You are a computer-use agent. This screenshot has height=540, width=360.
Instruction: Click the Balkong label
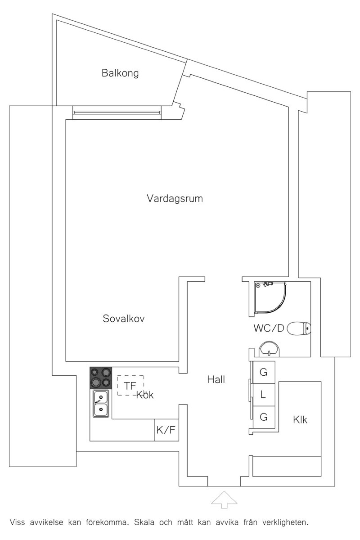point(120,73)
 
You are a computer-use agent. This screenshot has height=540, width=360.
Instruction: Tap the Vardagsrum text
point(175,198)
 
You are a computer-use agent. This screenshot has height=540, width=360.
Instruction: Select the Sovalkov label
point(124,318)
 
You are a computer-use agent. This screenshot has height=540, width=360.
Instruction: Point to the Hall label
point(216,379)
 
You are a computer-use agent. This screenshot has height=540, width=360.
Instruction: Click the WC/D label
point(269,328)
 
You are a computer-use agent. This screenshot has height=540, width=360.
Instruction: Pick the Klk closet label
point(300,419)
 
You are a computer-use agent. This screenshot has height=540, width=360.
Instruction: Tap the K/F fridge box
point(166,430)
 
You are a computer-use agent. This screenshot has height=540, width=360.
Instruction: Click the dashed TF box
point(130,385)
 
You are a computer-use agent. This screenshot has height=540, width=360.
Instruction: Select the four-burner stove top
point(101,378)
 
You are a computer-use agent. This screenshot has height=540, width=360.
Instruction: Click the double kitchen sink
point(101,403)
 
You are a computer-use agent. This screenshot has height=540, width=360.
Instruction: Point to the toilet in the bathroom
point(299,328)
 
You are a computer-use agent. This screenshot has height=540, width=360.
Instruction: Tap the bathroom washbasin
point(269,349)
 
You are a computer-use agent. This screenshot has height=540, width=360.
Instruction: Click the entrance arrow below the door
point(224,499)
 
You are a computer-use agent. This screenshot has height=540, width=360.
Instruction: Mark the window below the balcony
point(117,112)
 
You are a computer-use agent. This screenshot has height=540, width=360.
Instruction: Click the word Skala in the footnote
point(144,522)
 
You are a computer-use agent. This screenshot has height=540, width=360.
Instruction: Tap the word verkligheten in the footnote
point(285,523)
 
